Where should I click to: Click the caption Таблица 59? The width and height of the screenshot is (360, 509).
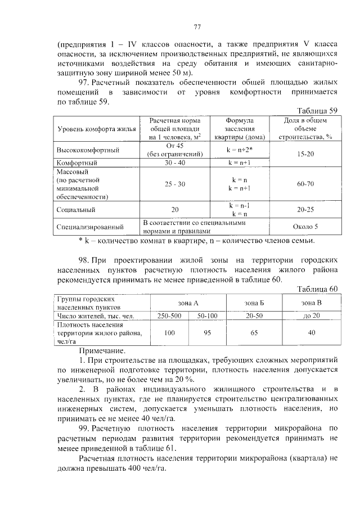(x=316, y=110)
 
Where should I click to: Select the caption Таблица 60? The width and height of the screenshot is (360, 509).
(x=316, y=289)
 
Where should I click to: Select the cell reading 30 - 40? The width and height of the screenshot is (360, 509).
(x=175, y=163)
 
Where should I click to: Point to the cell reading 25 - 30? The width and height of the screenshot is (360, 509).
(x=175, y=184)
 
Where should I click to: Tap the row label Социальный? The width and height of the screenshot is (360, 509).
(x=75, y=209)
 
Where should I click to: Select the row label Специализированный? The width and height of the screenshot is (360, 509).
(x=90, y=227)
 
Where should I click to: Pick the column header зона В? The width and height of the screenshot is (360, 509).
(x=312, y=303)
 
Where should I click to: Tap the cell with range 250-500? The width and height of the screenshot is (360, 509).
(x=169, y=316)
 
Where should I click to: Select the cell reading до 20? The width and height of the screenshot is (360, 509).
(x=312, y=316)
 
